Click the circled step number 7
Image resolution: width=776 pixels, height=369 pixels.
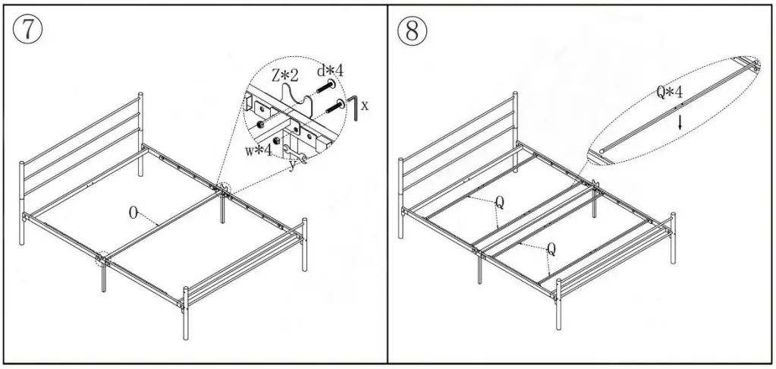click(x=27, y=29)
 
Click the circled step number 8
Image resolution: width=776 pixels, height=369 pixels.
click(x=413, y=30)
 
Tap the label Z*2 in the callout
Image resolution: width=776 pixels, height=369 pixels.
click(x=285, y=76)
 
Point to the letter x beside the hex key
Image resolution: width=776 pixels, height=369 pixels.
click(x=365, y=106)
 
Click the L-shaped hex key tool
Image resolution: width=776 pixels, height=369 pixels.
click(x=353, y=106)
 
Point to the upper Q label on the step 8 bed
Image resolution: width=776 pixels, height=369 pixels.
click(x=499, y=203)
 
